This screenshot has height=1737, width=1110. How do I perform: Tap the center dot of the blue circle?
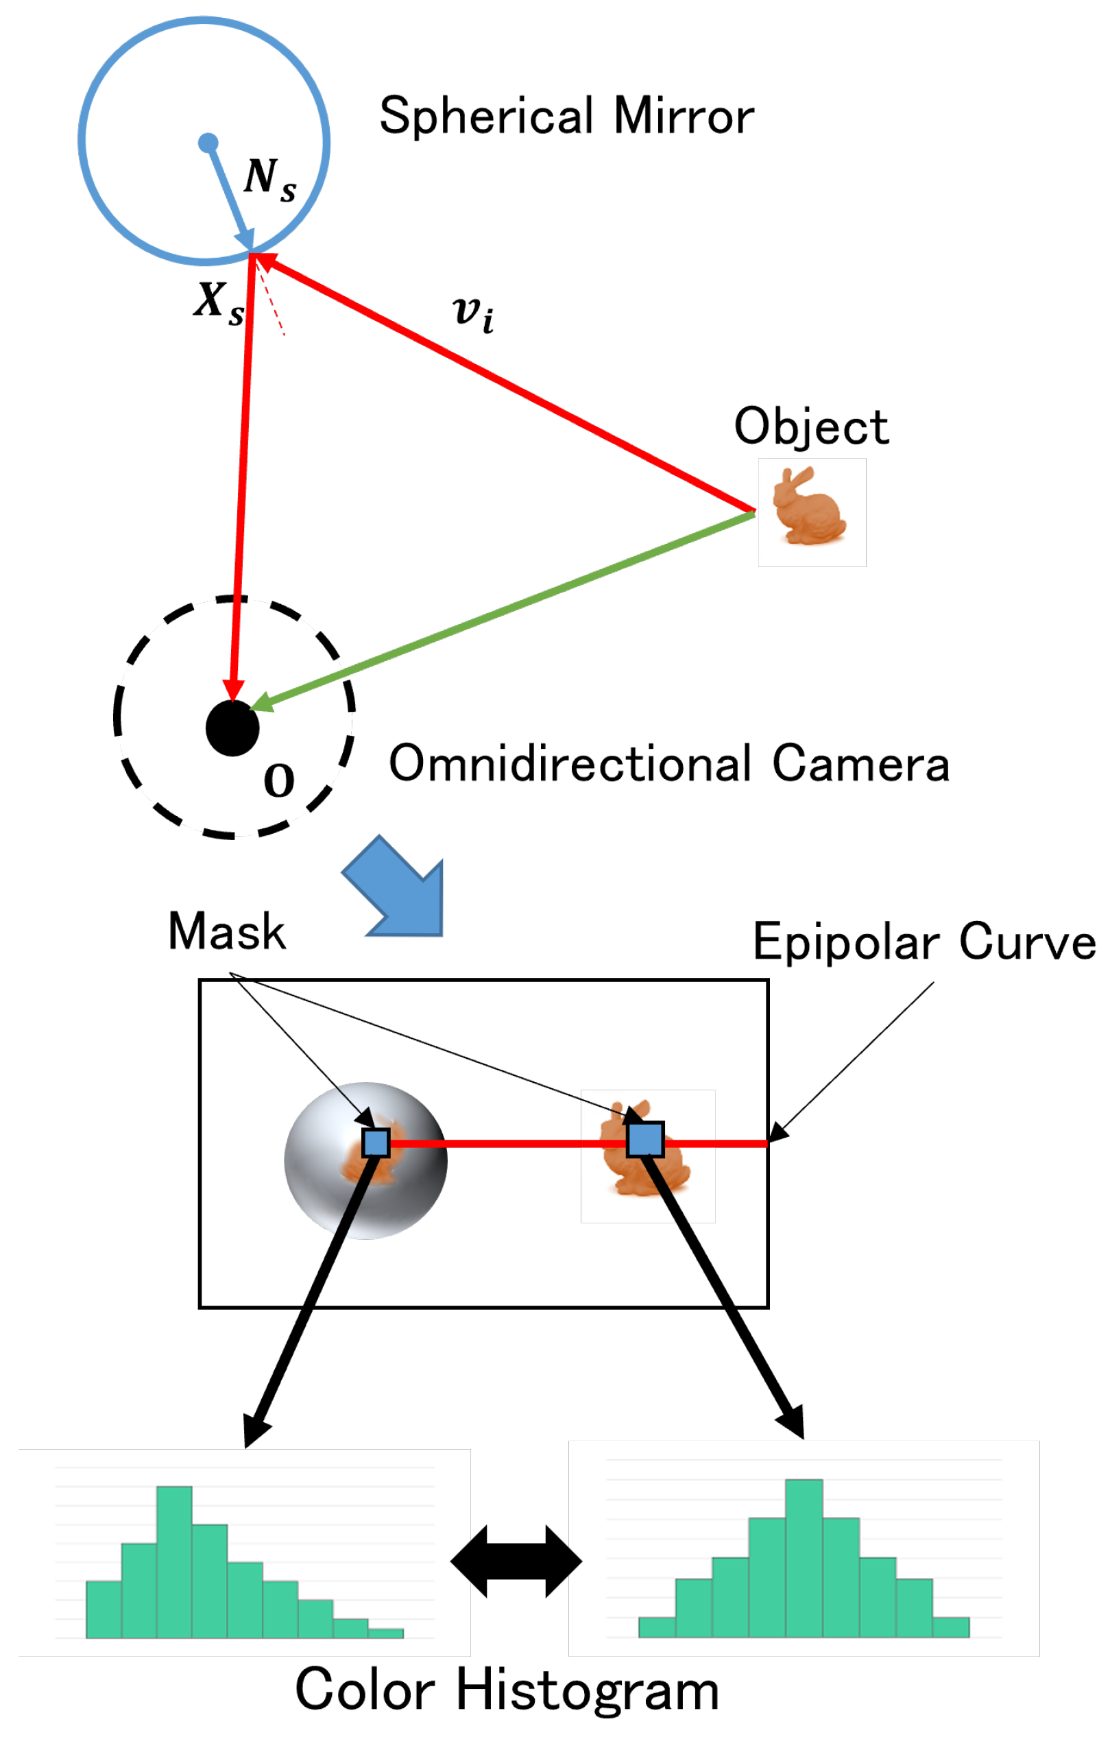tap(208, 143)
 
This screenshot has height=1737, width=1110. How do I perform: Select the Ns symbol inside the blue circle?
tap(269, 178)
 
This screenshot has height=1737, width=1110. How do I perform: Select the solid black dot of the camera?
tap(232, 728)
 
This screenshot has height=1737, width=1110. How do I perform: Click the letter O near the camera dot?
tap(279, 780)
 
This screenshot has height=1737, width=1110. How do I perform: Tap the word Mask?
tap(226, 931)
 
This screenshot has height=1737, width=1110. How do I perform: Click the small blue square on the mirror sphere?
tap(376, 1142)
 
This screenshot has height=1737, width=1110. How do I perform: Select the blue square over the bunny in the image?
tap(644, 1140)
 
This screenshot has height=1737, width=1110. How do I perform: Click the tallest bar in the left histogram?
tap(174, 1561)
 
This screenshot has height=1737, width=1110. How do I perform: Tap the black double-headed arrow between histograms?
tap(516, 1561)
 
